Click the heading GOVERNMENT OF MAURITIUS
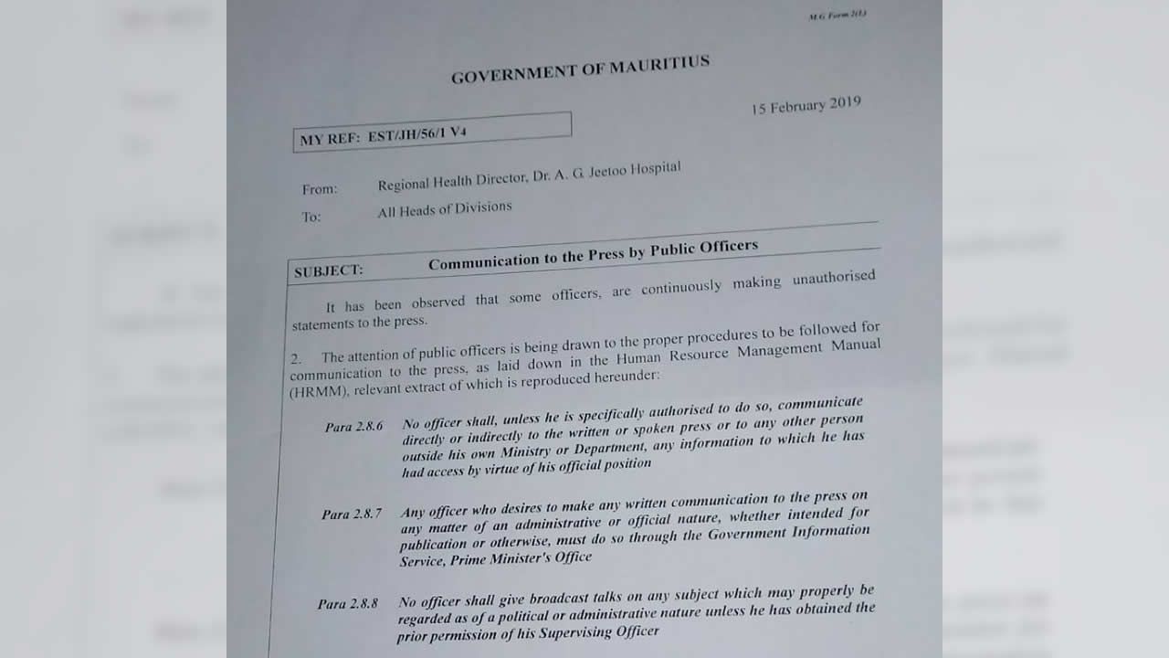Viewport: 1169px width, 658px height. point(580,70)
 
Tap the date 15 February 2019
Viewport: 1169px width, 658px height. point(806,105)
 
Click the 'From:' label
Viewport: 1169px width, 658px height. point(320,189)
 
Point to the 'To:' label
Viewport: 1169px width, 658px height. point(311,218)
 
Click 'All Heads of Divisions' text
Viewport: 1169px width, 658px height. point(445,209)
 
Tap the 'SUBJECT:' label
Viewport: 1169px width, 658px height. point(328,271)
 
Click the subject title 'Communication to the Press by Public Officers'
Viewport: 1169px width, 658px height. point(593,253)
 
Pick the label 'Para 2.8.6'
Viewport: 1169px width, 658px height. point(353,427)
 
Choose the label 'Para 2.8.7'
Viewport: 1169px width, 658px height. point(352,514)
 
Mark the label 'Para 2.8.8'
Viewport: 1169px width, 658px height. point(348,603)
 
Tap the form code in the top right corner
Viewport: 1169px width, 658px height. point(837,16)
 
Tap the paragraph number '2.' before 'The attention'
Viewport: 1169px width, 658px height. point(296,359)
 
